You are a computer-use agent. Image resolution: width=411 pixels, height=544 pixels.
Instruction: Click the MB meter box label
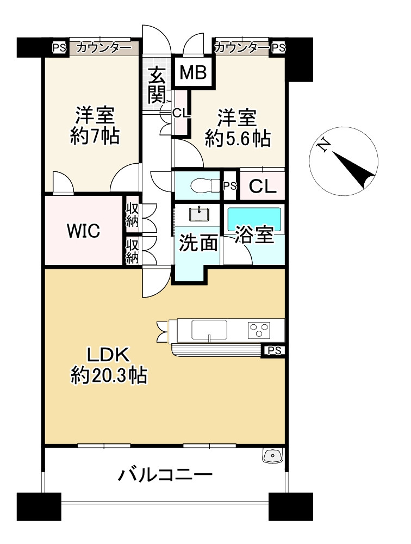click(x=193, y=72)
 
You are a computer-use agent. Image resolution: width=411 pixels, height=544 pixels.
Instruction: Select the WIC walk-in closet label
click(x=84, y=231)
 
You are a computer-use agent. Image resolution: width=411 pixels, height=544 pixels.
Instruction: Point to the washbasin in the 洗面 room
click(x=199, y=214)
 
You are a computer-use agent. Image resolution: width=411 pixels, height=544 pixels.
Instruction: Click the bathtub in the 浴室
click(x=254, y=218)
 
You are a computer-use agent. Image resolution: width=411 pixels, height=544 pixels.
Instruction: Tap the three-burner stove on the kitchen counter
click(x=259, y=330)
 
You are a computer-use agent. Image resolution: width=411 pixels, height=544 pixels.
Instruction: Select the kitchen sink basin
click(x=209, y=330)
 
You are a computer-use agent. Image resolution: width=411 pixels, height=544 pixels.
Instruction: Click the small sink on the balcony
click(x=273, y=455)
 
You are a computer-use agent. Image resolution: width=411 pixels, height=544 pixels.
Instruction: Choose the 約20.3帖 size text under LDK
click(x=109, y=375)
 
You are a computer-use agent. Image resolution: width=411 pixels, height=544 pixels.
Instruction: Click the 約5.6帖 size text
click(x=238, y=139)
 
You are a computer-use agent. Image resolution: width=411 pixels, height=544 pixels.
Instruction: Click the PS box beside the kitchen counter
click(x=274, y=351)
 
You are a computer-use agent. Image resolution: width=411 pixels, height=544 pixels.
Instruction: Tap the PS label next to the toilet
click(x=229, y=186)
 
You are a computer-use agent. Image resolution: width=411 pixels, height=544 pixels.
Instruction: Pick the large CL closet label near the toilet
click(x=263, y=187)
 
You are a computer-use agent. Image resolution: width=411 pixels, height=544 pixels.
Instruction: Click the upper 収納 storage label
click(x=132, y=215)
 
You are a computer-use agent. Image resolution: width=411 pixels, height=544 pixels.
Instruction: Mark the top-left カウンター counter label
click(x=104, y=47)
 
